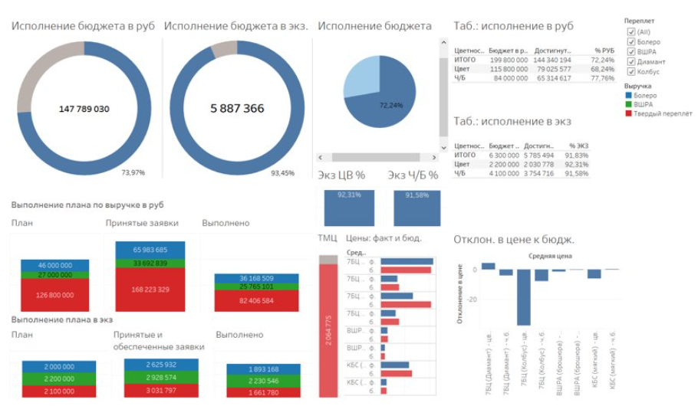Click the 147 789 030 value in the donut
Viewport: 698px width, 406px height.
pyautogui.click(x=84, y=109)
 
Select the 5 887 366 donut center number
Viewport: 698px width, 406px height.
pyautogui.click(x=237, y=109)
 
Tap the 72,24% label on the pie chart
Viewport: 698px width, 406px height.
pyautogui.click(x=390, y=104)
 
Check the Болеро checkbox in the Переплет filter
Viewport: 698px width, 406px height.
pyautogui.click(x=631, y=41)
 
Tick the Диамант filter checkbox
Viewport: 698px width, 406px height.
pyautogui.click(x=631, y=61)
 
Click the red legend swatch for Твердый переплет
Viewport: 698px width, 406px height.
pyautogui.click(x=627, y=113)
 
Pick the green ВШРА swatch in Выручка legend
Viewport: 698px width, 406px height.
pyautogui.click(x=627, y=104)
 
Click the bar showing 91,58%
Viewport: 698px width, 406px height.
pyautogui.click(x=417, y=208)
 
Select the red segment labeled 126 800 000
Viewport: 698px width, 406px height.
pyautogui.click(x=54, y=295)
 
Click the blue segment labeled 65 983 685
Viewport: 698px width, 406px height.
pyautogui.click(x=150, y=250)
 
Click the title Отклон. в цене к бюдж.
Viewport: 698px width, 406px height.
pyautogui.click(x=514, y=238)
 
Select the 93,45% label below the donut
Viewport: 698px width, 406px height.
pyautogui.click(x=283, y=172)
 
